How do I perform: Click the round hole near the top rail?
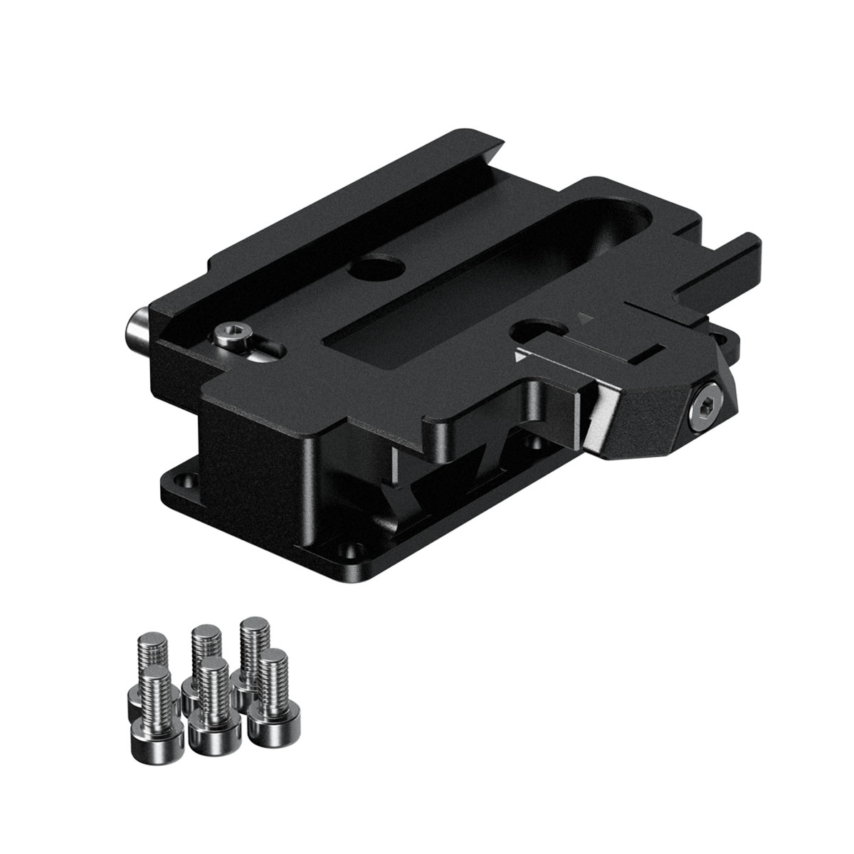[x=377, y=268]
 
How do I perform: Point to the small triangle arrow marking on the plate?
[x=585, y=316]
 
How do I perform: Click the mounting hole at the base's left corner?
[x=190, y=480]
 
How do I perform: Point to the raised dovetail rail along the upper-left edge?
[x=299, y=213]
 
